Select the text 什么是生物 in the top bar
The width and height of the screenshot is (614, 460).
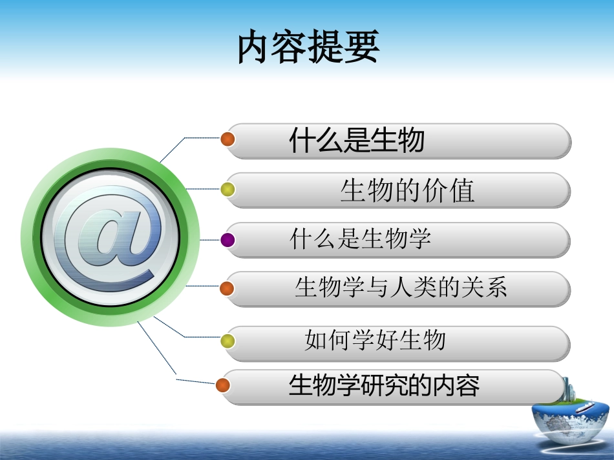point(357,141)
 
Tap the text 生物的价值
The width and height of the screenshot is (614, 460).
point(407,190)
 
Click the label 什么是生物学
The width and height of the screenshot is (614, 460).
point(361,240)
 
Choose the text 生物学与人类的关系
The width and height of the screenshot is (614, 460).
point(401,287)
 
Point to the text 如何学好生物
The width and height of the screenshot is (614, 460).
point(375,340)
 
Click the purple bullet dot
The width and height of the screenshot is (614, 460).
point(228,240)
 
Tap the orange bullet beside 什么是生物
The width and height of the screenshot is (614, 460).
point(228,139)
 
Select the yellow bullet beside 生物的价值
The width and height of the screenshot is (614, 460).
point(228,190)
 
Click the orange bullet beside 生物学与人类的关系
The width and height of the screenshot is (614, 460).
point(227,288)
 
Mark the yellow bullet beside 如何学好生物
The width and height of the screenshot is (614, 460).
point(228,341)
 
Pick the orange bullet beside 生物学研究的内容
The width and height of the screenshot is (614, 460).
point(223,385)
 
